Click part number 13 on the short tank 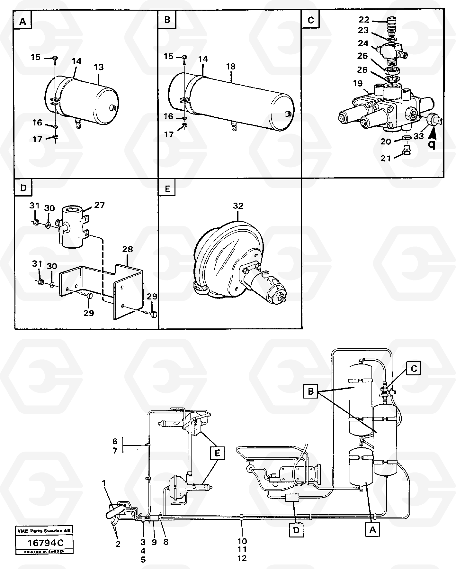click(99, 67)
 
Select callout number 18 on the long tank click(231, 66)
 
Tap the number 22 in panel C click(364, 20)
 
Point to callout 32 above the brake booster click(238, 206)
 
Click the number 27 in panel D click(100, 205)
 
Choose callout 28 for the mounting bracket click(128, 249)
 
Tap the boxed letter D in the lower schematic click(296, 530)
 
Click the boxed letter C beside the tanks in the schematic click(414, 369)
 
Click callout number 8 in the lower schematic click(166, 542)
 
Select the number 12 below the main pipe click(242, 559)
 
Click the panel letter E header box click(167, 189)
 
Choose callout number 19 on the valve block click(358, 84)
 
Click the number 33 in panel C click(418, 136)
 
